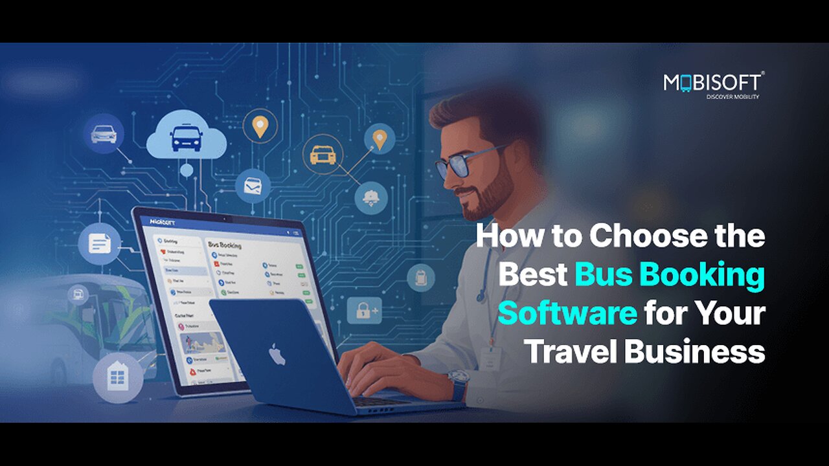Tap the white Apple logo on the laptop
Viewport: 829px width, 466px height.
click(x=277, y=354)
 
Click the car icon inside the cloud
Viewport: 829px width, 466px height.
click(x=186, y=137)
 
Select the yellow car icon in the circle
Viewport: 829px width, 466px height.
click(x=322, y=155)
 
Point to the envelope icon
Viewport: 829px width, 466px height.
click(x=253, y=187)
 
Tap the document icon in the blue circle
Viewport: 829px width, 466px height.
click(x=99, y=244)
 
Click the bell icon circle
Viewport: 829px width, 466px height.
click(x=371, y=197)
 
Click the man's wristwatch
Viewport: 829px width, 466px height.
click(x=458, y=385)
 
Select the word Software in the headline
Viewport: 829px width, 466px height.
click(x=567, y=314)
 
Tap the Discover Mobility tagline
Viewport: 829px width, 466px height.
click(x=732, y=97)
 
